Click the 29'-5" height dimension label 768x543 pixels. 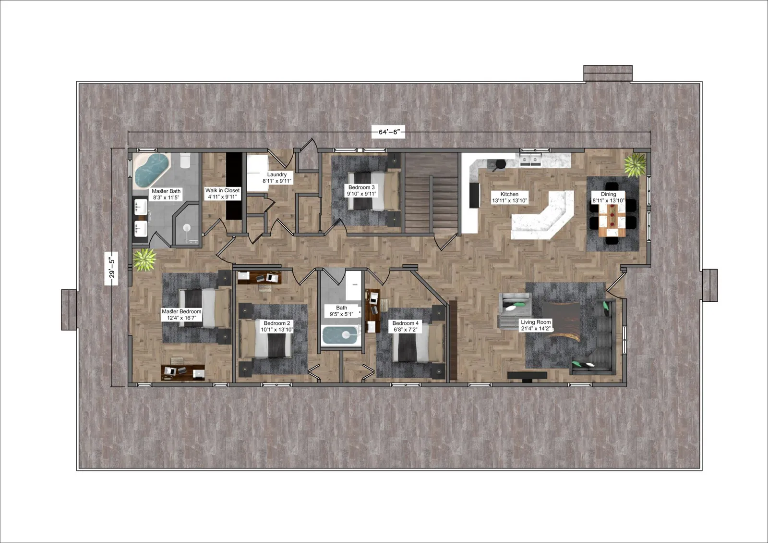tap(111, 268)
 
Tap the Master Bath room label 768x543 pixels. tap(166, 194)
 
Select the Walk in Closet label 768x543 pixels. tap(222, 194)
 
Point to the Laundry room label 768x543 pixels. tap(277, 178)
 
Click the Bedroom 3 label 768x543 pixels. tap(361, 190)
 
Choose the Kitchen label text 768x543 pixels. tap(509, 197)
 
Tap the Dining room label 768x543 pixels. tap(608, 197)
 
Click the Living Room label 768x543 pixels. tap(536, 325)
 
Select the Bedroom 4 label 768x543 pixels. tap(405, 326)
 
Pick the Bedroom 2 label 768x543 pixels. tap(276, 326)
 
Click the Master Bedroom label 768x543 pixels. tap(181, 314)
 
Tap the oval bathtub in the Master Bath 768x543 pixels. tap(152, 171)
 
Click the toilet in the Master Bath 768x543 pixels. tap(185, 160)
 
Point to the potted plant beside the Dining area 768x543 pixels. tap(635, 165)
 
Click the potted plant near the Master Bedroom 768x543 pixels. tap(144, 259)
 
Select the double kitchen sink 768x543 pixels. tap(530, 160)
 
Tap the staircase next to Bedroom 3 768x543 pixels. tap(432, 193)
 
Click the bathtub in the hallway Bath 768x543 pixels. tap(341, 335)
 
